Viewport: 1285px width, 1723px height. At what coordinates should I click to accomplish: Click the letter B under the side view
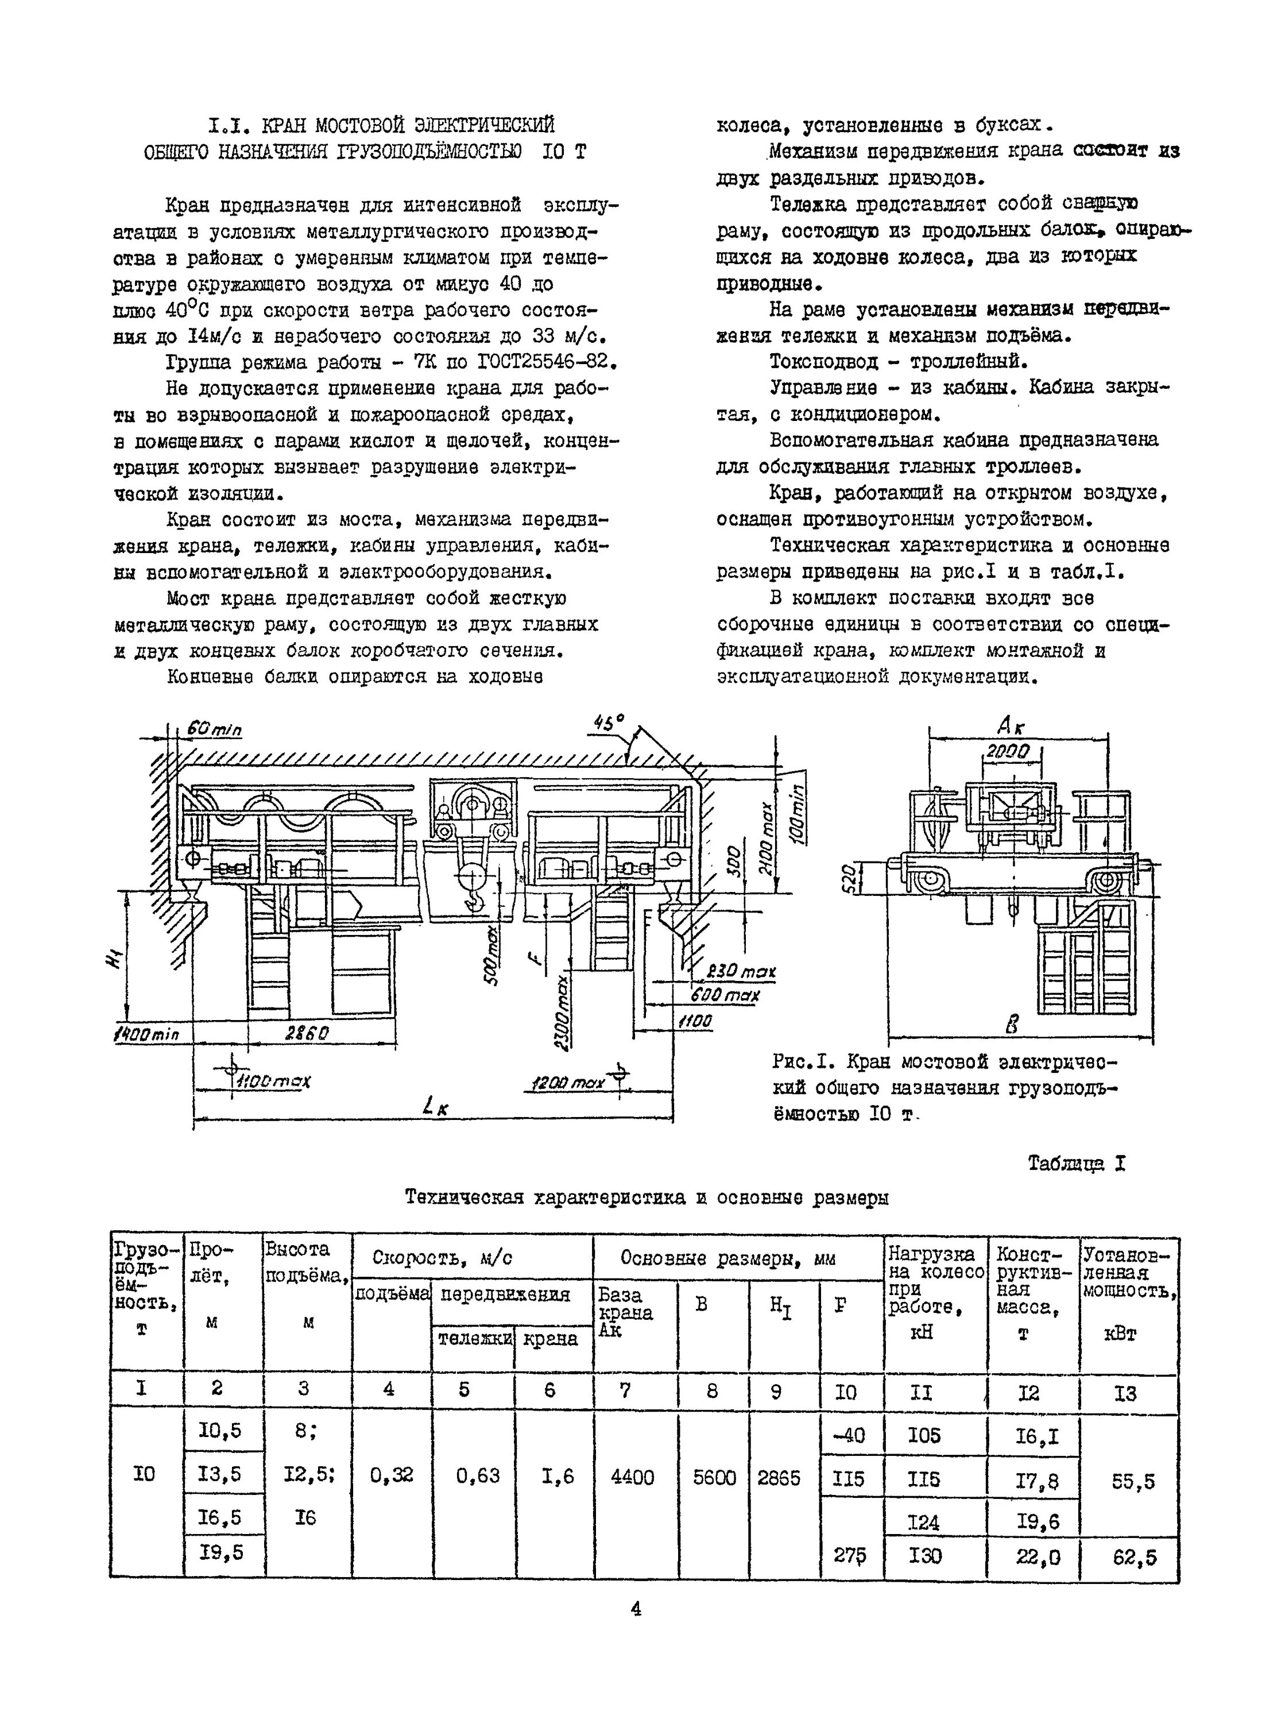(1011, 1025)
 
